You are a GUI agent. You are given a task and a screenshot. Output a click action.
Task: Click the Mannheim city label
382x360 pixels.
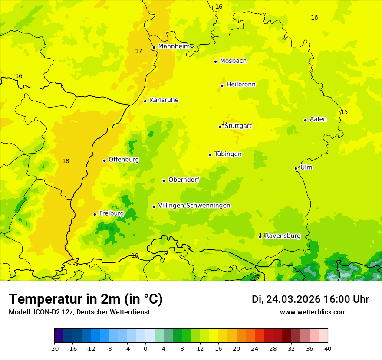(x=174, y=46)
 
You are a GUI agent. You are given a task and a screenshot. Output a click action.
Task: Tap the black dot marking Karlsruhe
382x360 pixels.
(x=145, y=101)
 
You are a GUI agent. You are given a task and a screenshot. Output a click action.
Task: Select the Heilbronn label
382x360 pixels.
(x=241, y=85)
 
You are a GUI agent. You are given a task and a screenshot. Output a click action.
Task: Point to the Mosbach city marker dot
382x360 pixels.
(x=215, y=62)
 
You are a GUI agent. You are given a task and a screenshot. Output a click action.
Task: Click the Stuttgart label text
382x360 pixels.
(x=238, y=126)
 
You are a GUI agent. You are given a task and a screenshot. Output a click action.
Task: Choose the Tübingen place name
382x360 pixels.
(x=228, y=154)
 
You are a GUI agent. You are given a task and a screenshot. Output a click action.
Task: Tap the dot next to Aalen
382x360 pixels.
(x=305, y=120)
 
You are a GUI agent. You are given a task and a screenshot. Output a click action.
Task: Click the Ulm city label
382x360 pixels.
(x=306, y=167)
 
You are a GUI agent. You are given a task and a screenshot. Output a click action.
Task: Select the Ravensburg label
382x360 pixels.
(x=283, y=236)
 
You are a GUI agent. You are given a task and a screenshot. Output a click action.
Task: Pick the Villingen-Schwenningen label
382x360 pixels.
(x=194, y=206)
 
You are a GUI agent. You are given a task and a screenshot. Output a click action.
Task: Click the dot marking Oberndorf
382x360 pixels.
(x=164, y=180)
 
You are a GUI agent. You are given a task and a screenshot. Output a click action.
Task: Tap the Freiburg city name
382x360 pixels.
(x=112, y=213)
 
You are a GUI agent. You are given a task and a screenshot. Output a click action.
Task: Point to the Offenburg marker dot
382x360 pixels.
(x=104, y=160)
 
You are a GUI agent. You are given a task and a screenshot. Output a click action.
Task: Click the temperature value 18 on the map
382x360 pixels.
(x=66, y=161)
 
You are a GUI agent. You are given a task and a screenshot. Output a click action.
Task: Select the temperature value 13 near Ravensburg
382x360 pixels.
(x=262, y=235)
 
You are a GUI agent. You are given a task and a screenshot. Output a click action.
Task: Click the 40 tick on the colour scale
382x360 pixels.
(x=327, y=348)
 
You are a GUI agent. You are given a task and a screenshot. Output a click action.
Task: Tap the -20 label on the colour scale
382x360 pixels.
(x=54, y=348)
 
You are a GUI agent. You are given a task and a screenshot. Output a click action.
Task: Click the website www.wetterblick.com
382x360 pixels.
(x=313, y=312)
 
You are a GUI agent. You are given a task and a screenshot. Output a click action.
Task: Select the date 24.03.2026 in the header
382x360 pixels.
(x=293, y=299)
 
